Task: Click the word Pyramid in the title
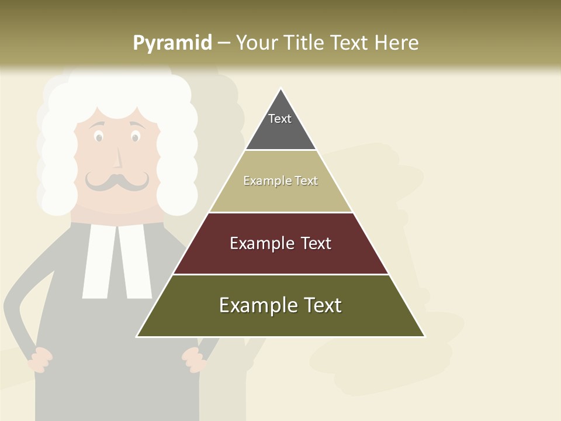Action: coord(172,43)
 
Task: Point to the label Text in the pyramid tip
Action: coord(280,119)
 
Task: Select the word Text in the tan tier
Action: coord(307,181)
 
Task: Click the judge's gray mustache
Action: coord(117,181)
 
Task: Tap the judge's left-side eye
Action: coord(99,137)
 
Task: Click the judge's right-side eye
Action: coord(136,137)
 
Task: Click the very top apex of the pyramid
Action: coord(280,89)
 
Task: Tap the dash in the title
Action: coord(223,43)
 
